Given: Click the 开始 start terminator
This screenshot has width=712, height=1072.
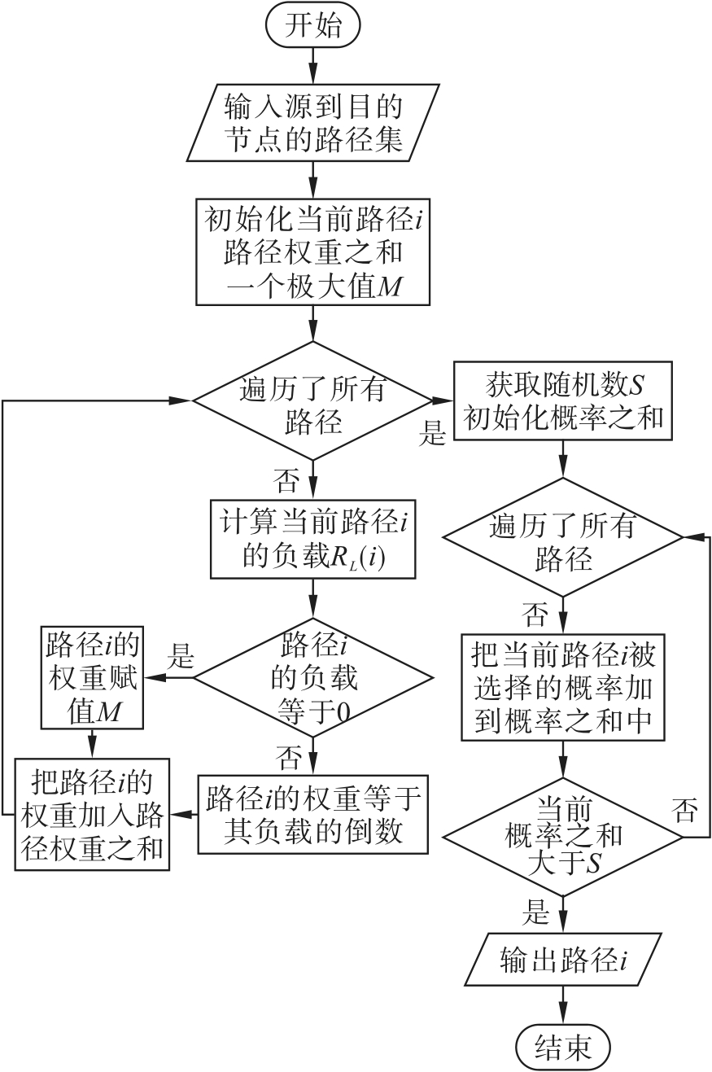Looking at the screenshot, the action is (x=312, y=25).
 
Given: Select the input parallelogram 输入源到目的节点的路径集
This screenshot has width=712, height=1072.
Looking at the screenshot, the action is (x=312, y=123).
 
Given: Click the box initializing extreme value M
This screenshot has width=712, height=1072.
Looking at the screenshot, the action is (x=312, y=252).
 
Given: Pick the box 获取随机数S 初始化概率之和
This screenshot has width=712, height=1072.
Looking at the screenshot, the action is (x=563, y=400).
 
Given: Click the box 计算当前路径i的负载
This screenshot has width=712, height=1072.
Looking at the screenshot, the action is (x=313, y=540).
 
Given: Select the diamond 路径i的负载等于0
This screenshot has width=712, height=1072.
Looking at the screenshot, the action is (x=313, y=677).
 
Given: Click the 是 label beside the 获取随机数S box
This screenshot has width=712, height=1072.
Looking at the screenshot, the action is (x=432, y=433).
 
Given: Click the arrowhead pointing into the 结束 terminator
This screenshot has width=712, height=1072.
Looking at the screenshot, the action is (x=563, y=1017).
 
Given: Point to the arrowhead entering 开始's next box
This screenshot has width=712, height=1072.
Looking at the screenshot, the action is (x=313, y=77).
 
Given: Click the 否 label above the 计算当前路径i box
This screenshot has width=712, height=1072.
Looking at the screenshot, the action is (x=286, y=480).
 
